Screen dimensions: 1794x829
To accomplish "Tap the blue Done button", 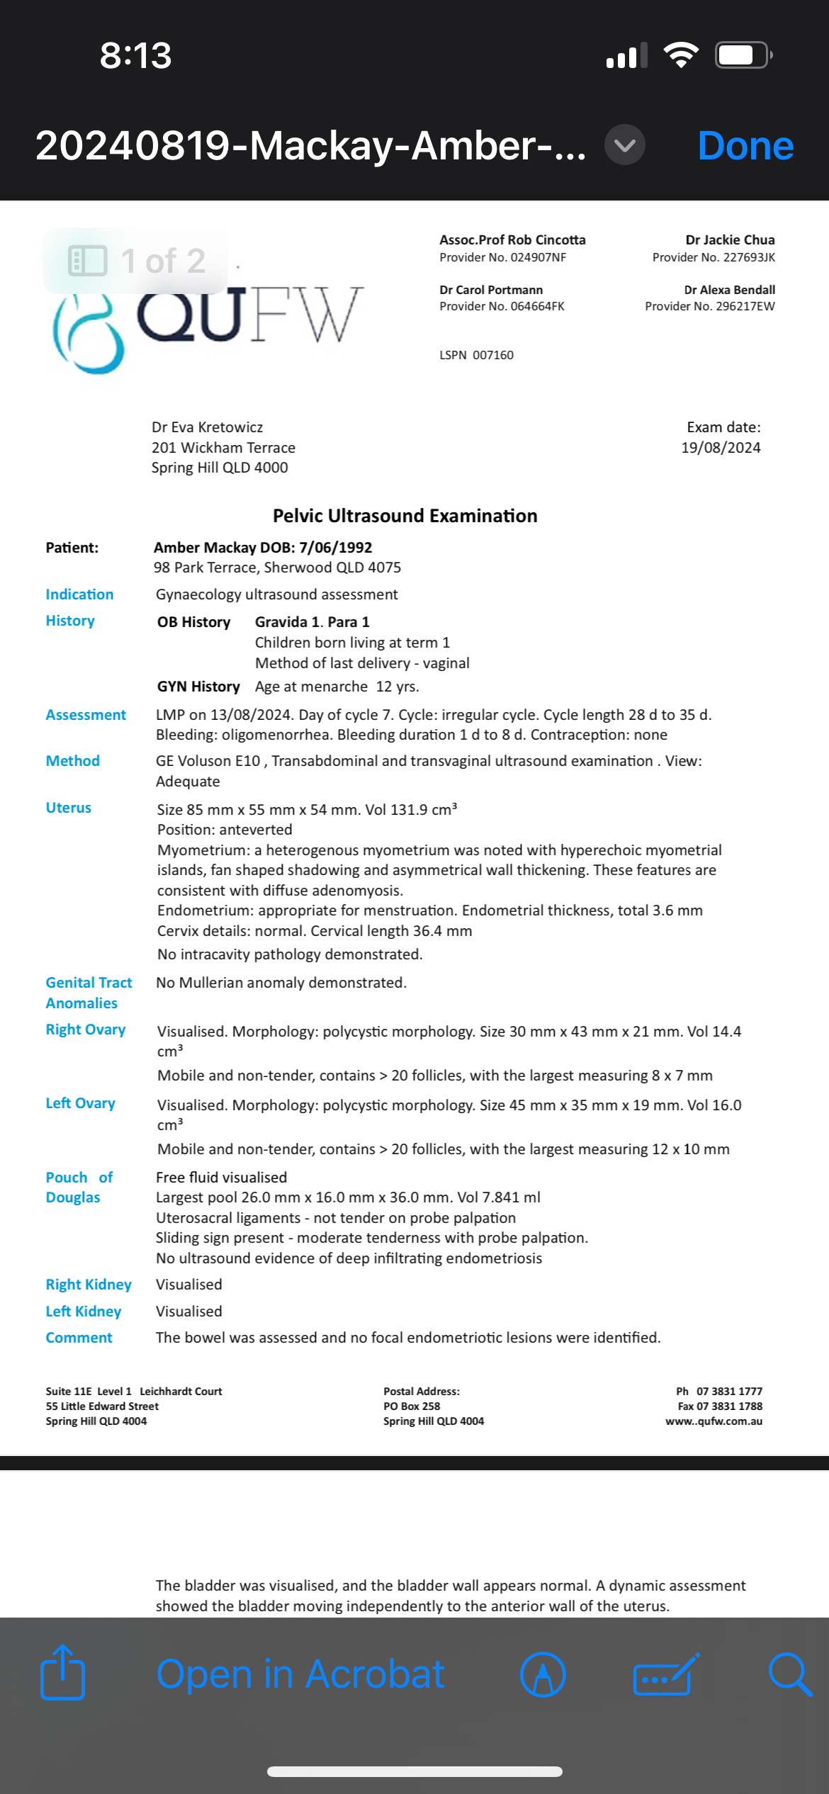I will coord(745,146).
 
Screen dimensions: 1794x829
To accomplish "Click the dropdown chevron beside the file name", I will coord(624,145).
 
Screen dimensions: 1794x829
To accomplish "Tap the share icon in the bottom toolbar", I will coord(62,1673).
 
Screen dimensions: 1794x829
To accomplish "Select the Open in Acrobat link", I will coord(300,1674).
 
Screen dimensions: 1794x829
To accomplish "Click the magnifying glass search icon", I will coord(789,1674).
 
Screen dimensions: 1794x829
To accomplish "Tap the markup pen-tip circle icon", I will coord(543,1674).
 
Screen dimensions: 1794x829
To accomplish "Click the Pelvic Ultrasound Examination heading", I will coord(405,516).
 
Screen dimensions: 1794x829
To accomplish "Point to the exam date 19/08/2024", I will coord(721,448).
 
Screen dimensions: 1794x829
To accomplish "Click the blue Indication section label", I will coord(79,594).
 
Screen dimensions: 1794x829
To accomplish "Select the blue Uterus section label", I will coord(69,808).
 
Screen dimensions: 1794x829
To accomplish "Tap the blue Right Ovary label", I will coord(86,1029).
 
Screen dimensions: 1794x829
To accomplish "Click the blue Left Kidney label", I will coord(84,1311).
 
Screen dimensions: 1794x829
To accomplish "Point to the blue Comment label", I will coord(79,1338).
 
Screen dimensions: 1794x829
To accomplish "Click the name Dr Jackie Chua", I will coord(730,240).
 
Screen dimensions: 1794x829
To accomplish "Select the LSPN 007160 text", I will coord(476,355).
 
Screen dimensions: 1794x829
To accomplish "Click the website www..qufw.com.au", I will coord(714,1421).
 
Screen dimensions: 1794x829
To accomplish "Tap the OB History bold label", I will coord(193,622).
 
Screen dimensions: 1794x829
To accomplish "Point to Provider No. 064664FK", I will coord(502,306).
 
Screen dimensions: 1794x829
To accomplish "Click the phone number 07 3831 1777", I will coord(729,1392).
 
